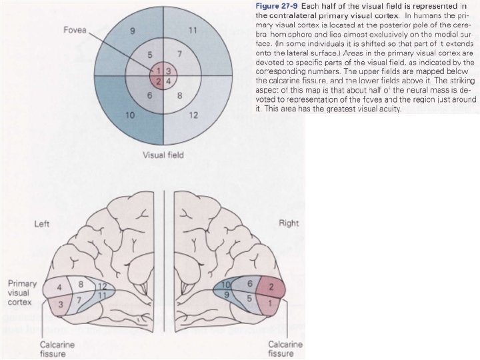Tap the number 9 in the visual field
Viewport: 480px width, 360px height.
tap(133, 30)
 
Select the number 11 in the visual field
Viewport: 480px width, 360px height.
tap(193, 30)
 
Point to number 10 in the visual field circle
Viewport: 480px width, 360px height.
tap(131, 115)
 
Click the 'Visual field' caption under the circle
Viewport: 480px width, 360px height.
tap(163, 155)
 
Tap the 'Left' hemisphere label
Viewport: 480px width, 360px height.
tap(42, 223)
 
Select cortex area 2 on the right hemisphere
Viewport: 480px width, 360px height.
tap(271, 287)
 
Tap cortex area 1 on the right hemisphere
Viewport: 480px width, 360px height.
tap(270, 303)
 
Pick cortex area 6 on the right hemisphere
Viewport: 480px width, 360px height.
tap(249, 283)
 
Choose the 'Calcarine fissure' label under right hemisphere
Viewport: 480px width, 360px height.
tap(285, 349)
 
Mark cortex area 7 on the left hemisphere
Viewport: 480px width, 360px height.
tap(79, 299)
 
